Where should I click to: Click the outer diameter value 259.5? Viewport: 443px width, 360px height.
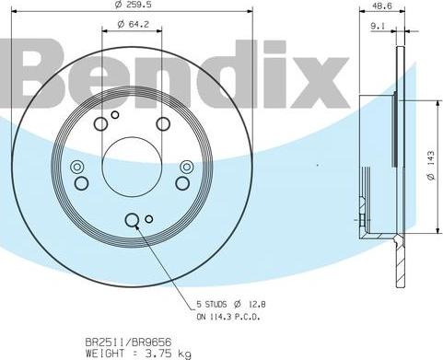136,6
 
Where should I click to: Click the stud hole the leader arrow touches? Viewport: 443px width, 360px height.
131,219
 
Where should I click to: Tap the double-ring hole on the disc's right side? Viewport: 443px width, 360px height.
187,167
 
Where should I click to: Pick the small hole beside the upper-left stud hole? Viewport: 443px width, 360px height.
115,115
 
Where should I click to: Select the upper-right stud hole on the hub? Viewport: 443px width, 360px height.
163,123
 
